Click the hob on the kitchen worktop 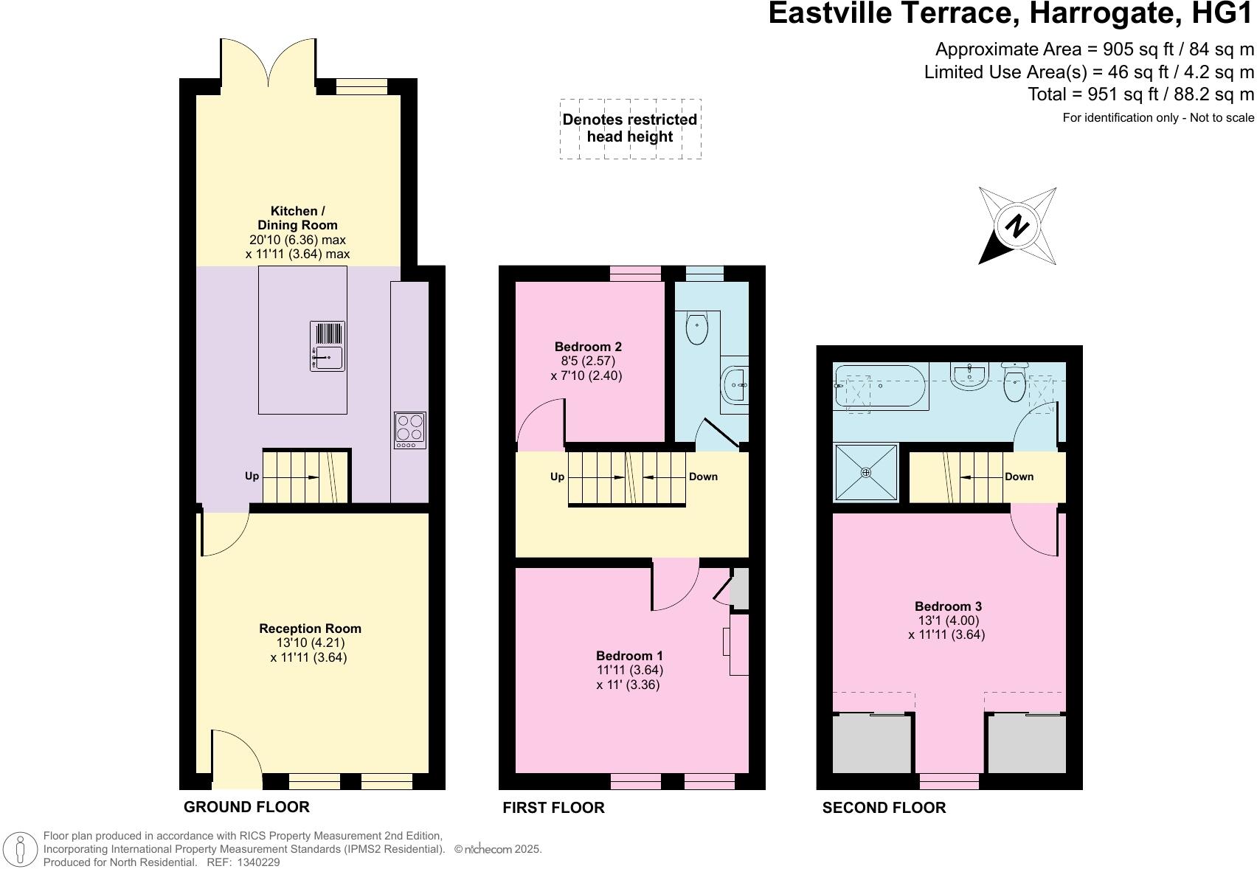409,430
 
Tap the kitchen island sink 327,346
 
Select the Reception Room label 310,629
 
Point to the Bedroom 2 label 587,347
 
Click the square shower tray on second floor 866,472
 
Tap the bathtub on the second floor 881,386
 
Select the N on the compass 1017,226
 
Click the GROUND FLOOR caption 246,807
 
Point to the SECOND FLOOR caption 884,807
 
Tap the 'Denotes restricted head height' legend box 630,129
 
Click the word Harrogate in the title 1103,13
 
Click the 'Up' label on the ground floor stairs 252,476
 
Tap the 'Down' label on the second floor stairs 1019,477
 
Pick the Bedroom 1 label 629,655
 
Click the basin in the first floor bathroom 735,385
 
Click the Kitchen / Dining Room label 297,218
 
